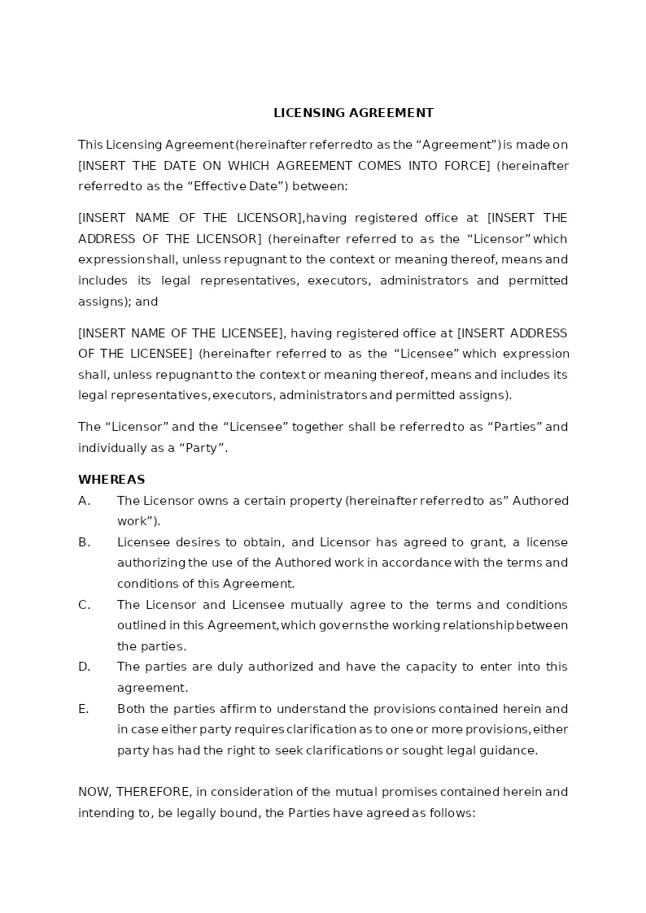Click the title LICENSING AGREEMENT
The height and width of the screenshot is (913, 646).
(x=353, y=113)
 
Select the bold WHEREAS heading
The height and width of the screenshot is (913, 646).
(x=111, y=480)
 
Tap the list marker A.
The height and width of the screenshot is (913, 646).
(x=84, y=501)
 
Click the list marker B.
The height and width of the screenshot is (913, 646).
(x=84, y=542)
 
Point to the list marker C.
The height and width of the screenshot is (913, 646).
(x=84, y=605)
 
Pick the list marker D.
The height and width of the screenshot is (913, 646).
(x=84, y=667)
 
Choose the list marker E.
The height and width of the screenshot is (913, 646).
(x=84, y=709)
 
